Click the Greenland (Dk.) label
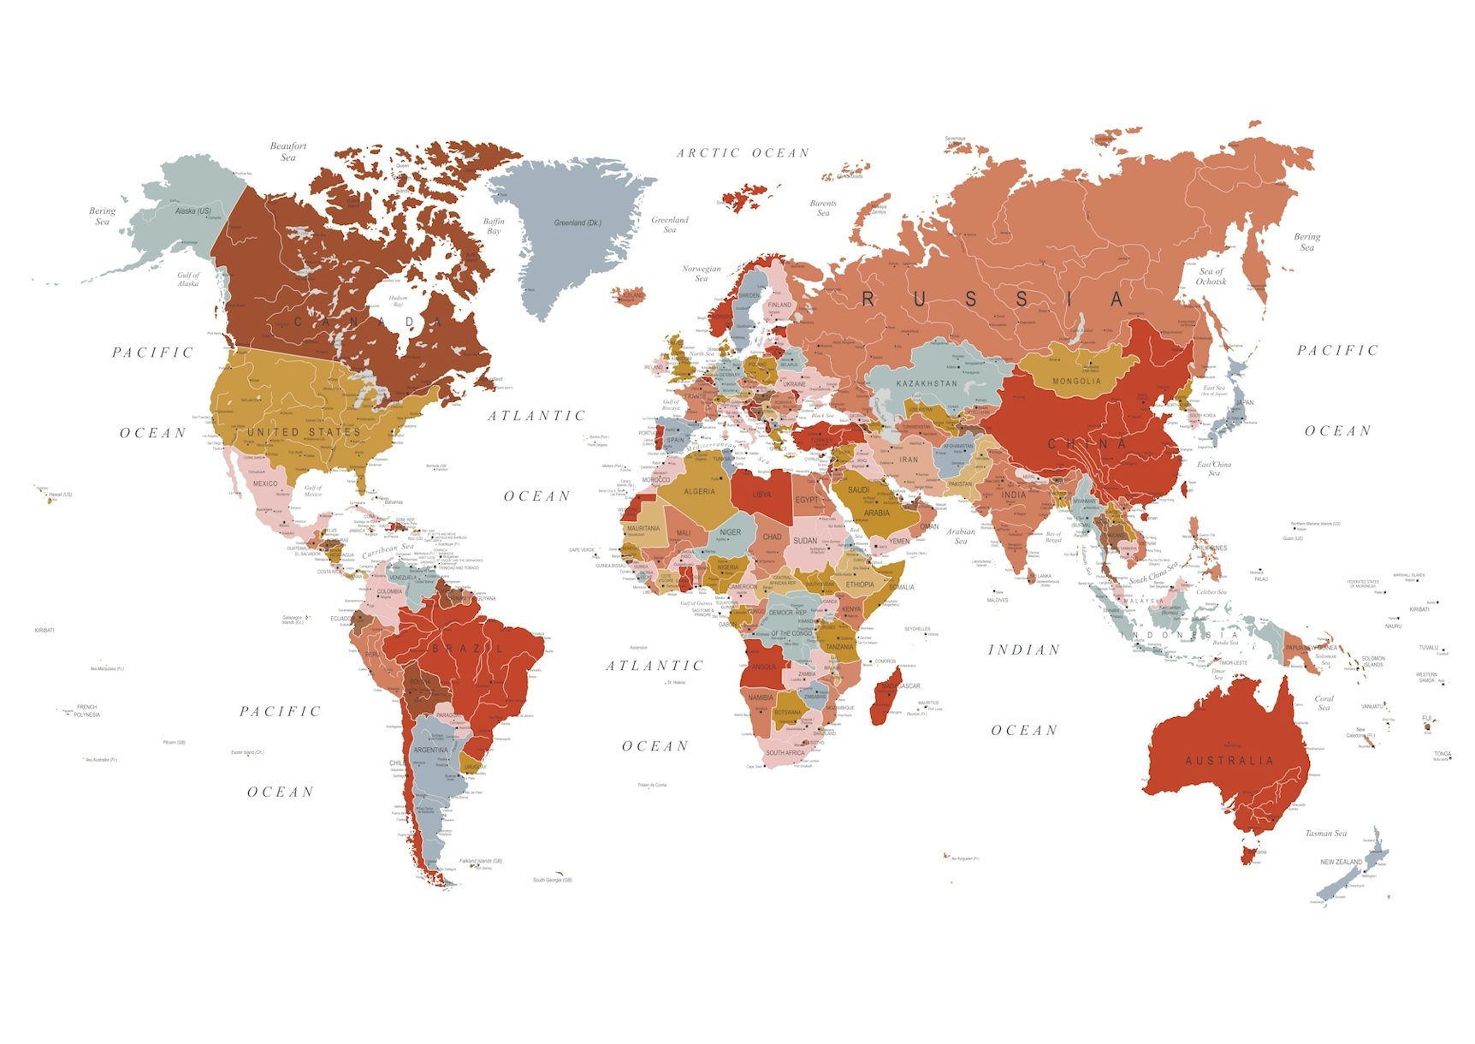578,223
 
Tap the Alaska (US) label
193,211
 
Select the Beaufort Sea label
288,151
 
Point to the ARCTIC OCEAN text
743,153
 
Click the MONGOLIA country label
1076,382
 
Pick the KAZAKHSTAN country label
927,383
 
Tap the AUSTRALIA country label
1229,761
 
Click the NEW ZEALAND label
1341,862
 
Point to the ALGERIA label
699,492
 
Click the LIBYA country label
761,495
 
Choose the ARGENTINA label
430,750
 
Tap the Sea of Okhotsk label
1211,276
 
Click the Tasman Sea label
1325,833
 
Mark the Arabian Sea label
961,536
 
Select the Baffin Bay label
494,226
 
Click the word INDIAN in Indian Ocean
1024,650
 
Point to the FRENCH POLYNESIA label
86,711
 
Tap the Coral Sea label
1324,703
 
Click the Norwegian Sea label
702,273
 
